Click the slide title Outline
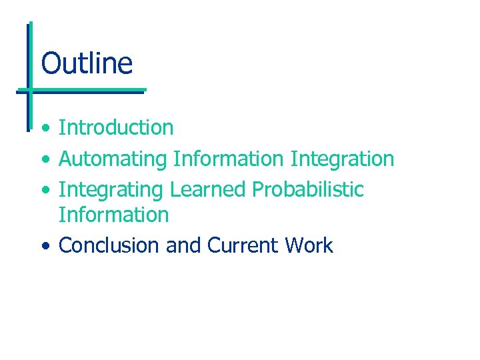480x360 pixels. point(87,63)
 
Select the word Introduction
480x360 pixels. point(116,127)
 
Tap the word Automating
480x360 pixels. point(113,159)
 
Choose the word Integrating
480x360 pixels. point(111,190)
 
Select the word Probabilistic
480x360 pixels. point(307,189)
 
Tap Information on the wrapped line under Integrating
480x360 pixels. point(114,215)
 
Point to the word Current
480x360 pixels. point(242,245)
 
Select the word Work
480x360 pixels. point(308,245)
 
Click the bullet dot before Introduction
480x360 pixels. point(44,128)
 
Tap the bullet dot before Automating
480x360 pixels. point(44,160)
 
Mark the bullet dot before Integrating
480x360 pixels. point(44,191)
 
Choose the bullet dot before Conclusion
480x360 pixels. point(44,246)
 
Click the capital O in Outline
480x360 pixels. point(50,64)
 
